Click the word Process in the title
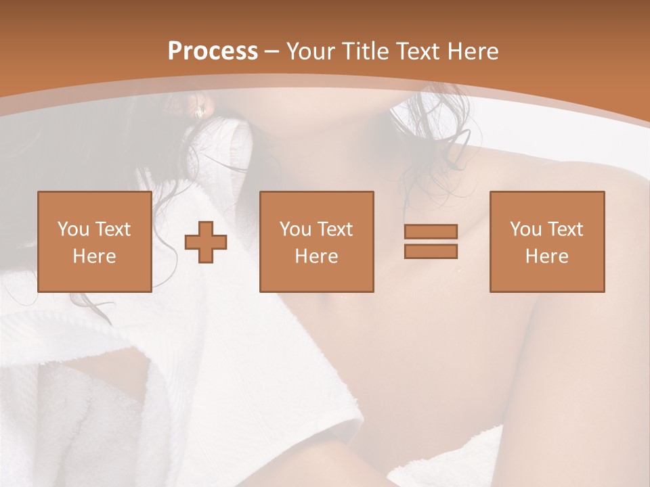pyautogui.click(x=213, y=51)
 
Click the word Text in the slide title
pyautogui.click(x=414, y=51)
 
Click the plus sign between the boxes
pyautogui.click(x=206, y=241)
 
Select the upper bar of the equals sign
pyautogui.click(x=431, y=231)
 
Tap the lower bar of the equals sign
pyautogui.click(x=431, y=251)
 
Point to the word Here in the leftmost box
pyautogui.click(x=94, y=256)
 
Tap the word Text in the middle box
pyautogui.click(x=335, y=229)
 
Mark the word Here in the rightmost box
pyautogui.click(x=546, y=256)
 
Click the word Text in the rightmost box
pyautogui.click(x=565, y=229)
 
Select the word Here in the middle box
pyautogui.click(x=316, y=256)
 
